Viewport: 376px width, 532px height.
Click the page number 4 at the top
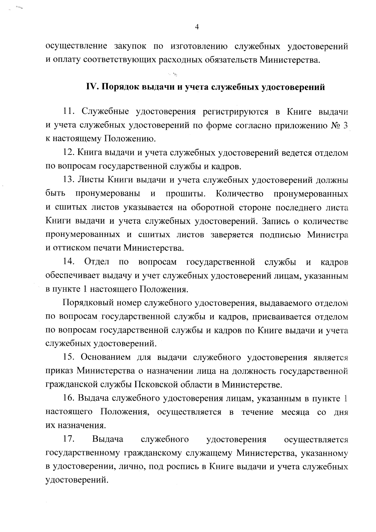pyautogui.click(x=197, y=27)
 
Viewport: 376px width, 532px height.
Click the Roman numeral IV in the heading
pyautogui.click(x=91, y=87)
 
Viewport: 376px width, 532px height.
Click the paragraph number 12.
pyautogui.click(x=68, y=153)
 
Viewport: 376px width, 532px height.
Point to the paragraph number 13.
pyautogui.click(x=68, y=180)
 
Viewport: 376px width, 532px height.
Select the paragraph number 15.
pyautogui.click(x=68, y=357)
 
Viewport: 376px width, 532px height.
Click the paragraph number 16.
pyautogui.click(x=68, y=398)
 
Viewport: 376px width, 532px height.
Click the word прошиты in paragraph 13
pyautogui.click(x=185, y=193)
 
